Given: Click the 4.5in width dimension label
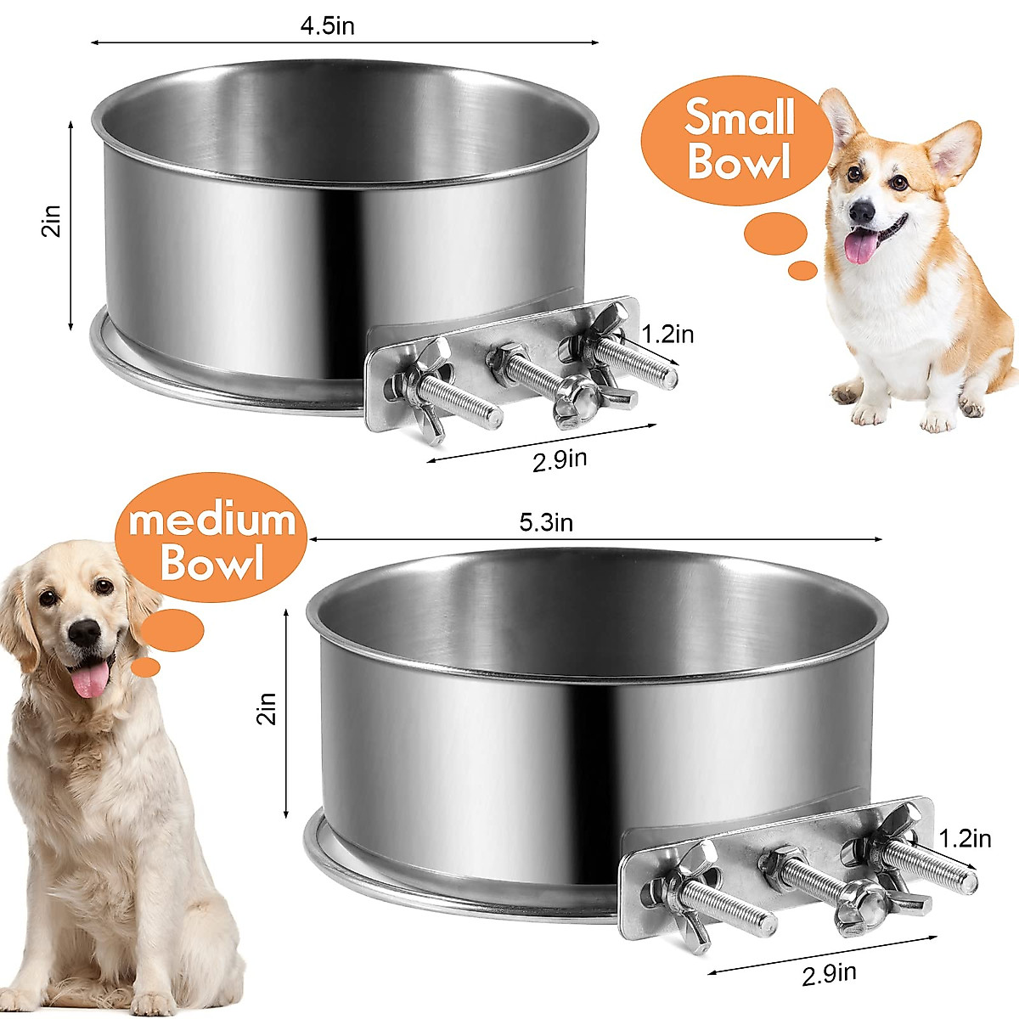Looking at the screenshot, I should click(327, 25).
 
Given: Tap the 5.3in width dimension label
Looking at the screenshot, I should click(546, 522).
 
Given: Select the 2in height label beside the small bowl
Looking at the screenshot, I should click(53, 224).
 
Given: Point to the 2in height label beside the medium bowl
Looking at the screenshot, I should click(267, 707).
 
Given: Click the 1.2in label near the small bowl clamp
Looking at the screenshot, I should click(667, 335).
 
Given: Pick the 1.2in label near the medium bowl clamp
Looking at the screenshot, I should click(965, 839).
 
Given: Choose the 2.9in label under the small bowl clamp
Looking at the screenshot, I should click(560, 460).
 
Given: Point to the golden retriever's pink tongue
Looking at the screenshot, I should click(90, 680).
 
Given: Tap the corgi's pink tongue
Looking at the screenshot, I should click(861, 246).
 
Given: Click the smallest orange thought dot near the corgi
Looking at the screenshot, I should click(802, 271).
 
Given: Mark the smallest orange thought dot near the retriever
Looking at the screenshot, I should click(146, 667).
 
